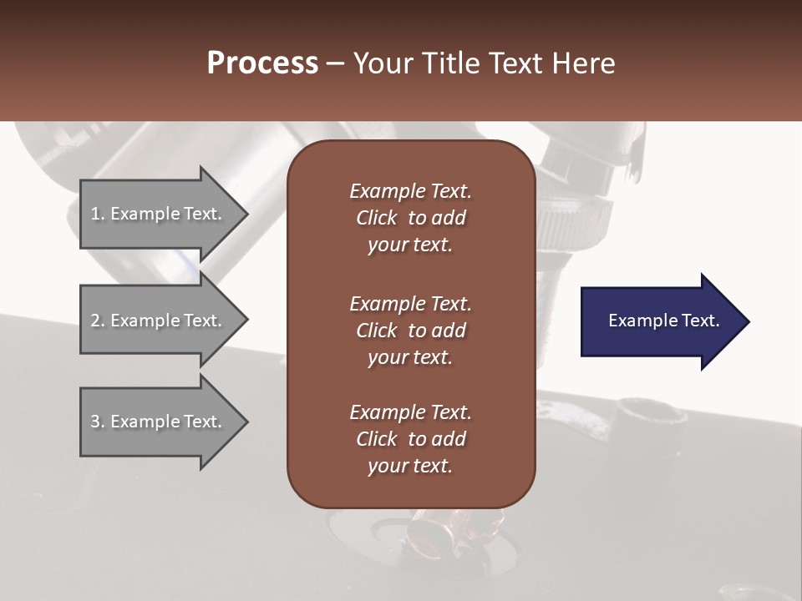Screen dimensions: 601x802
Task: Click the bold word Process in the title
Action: (x=262, y=63)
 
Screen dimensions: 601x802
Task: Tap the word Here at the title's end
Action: (x=583, y=63)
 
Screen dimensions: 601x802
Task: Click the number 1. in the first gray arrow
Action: (x=98, y=214)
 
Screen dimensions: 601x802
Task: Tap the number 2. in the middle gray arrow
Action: (x=98, y=321)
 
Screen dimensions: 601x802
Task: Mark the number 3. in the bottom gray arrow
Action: (x=98, y=422)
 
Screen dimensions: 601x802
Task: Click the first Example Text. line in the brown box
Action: (x=410, y=191)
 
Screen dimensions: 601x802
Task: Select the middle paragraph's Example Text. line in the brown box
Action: (x=410, y=303)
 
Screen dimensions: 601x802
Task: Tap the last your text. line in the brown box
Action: (x=410, y=467)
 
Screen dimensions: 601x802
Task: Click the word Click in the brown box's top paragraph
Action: (x=376, y=218)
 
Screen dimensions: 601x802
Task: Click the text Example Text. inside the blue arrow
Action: (x=663, y=321)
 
